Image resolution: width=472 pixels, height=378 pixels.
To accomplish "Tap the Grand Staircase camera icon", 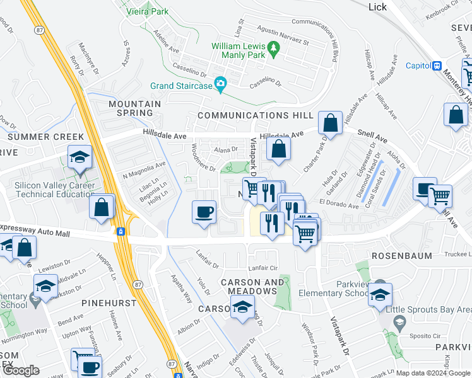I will coord(221,84).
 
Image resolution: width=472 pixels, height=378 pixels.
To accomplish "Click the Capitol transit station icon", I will coord(436,66).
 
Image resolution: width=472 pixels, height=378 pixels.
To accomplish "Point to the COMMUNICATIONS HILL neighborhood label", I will coord(255,115).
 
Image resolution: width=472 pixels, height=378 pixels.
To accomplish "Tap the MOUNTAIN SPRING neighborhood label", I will coord(134,108).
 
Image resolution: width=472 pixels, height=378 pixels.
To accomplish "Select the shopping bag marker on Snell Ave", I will coord(330,123).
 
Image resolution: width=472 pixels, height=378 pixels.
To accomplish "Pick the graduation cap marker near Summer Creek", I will coord(80,157).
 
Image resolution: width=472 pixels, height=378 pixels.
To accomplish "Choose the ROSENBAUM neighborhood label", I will coord(401,256).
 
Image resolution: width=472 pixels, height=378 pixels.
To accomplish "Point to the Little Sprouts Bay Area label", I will coord(436,308).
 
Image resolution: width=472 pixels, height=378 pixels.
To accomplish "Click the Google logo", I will coord(21,370).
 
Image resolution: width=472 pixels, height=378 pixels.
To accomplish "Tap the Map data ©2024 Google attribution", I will coord(433,373).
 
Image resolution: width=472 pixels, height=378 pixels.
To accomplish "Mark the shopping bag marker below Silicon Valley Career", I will coord(101,208).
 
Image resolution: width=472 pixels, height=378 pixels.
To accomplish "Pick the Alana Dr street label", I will coord(225,150).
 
